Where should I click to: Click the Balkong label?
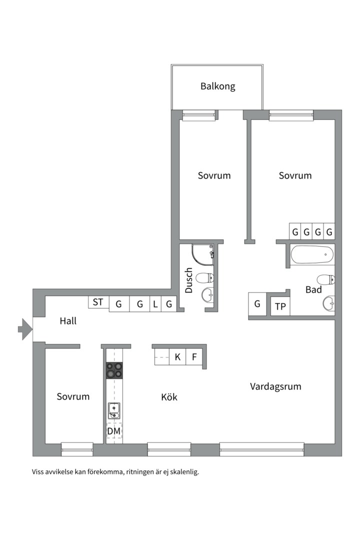[x=217, y=86]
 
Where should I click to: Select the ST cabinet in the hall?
[x=98, y=302]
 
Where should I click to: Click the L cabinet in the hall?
[x=155, y=303]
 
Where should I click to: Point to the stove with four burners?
[x=114, y=370]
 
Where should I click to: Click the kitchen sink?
[x=114, y=410]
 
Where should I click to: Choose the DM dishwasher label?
[x=114, y=430]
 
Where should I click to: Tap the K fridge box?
[x=177, y=357]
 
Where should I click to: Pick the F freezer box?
[x=194, y=357]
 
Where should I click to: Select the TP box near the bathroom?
[x=280, y=306]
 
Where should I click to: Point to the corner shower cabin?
[x=203, y=255]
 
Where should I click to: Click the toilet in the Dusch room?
[x=205, y=277]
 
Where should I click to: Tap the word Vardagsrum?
[x=275, y=386]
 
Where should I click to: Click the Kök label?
[x=169, y=397]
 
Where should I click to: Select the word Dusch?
[x=188, y=280]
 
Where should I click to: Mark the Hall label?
[x=68, y=320]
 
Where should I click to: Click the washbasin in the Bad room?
[x=328, y=302]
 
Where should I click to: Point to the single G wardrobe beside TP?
[x=257, y=303]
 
